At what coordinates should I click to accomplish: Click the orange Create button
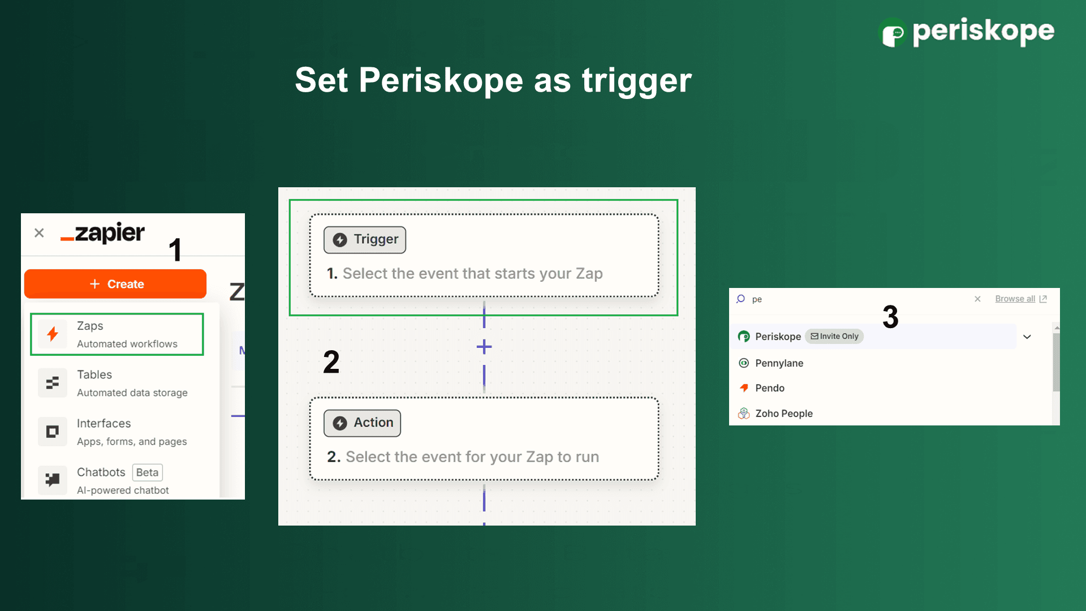click(115, 284)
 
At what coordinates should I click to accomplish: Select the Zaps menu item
click(117, 334)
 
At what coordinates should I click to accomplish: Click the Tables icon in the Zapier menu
click(53, 383)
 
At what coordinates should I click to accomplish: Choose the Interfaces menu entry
click(117, 432)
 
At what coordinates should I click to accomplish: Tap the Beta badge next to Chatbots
click(147, 472)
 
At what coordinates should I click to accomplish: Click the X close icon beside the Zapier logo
click(39, 233)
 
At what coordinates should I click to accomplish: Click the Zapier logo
click(103, 233)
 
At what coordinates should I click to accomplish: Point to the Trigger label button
click(365, 240)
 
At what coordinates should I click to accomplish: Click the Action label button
click(362, 423)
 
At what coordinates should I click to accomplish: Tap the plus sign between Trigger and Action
click(484, 347)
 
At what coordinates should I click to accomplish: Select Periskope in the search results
click(778, 337)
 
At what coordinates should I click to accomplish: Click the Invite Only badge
click(834, 337)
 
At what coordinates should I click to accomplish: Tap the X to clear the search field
click(977, 299)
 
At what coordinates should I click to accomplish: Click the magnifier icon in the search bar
click(741, 299)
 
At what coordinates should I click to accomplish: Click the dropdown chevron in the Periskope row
click(1027, 337)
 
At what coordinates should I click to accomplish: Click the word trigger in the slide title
click(637, 80)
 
